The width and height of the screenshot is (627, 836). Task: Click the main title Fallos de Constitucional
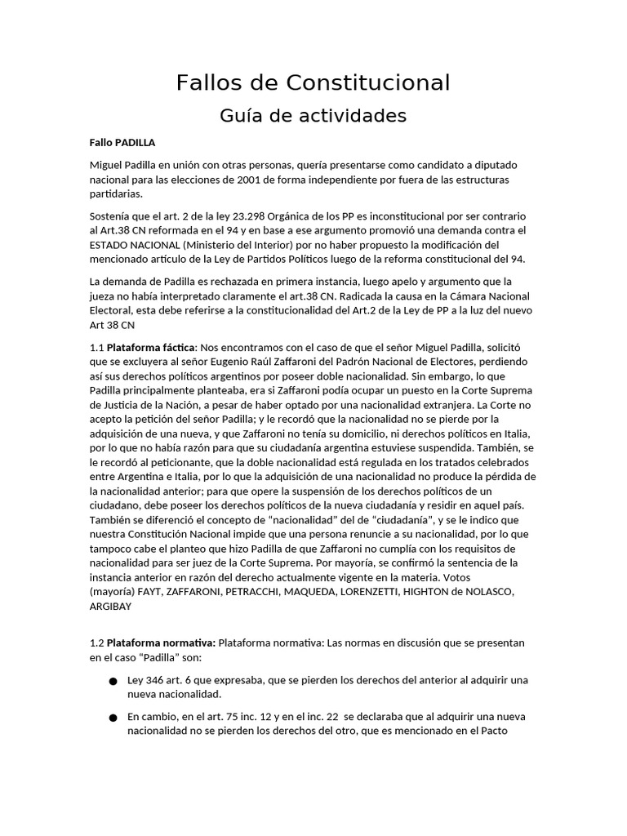(313, 82)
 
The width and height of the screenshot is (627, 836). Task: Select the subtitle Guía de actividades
(313, 116)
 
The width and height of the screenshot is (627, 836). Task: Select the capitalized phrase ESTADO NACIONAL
(135, 245)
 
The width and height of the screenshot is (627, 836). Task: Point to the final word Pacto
(492, 731)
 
